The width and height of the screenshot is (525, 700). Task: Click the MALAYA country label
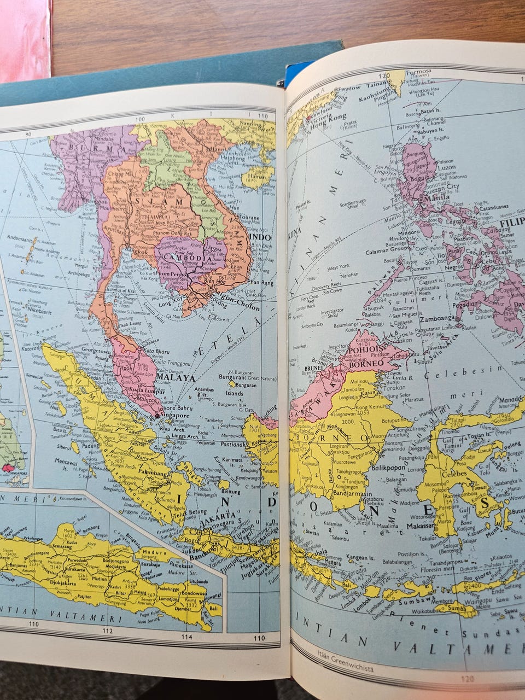[x=176, y=377]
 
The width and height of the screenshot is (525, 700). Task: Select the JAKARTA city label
[x=217, y=517]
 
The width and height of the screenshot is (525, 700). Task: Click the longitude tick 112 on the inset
[x=107, y=632]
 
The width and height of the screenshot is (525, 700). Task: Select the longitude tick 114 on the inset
[x=187, y=637]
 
